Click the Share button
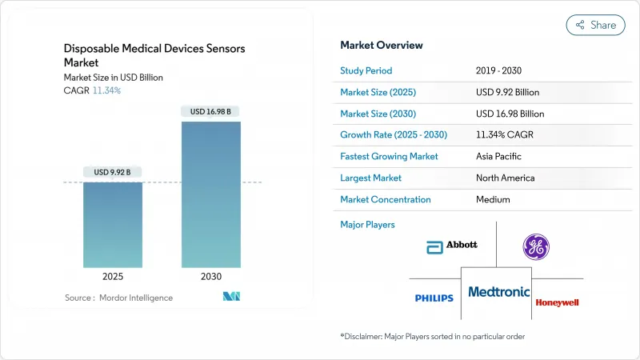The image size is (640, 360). [595, 25]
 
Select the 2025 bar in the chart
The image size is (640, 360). [113, 225]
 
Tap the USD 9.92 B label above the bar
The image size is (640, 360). [113, 172]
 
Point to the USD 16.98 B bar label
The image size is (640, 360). [211, 111]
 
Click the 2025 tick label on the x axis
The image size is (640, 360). [113, 276]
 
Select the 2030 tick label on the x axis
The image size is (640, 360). [211, 276]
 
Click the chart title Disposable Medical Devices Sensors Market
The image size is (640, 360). [154, 55]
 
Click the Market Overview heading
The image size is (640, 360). [382, 46]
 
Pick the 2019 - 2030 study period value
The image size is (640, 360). [501, 70]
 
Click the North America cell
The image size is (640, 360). [504, 178]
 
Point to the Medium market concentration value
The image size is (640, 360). [493, 200]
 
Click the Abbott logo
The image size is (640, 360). [452, 245]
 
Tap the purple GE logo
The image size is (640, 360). [536, 246]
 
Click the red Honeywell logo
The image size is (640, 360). [558, 302]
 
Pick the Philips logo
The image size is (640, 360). [434, 298]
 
